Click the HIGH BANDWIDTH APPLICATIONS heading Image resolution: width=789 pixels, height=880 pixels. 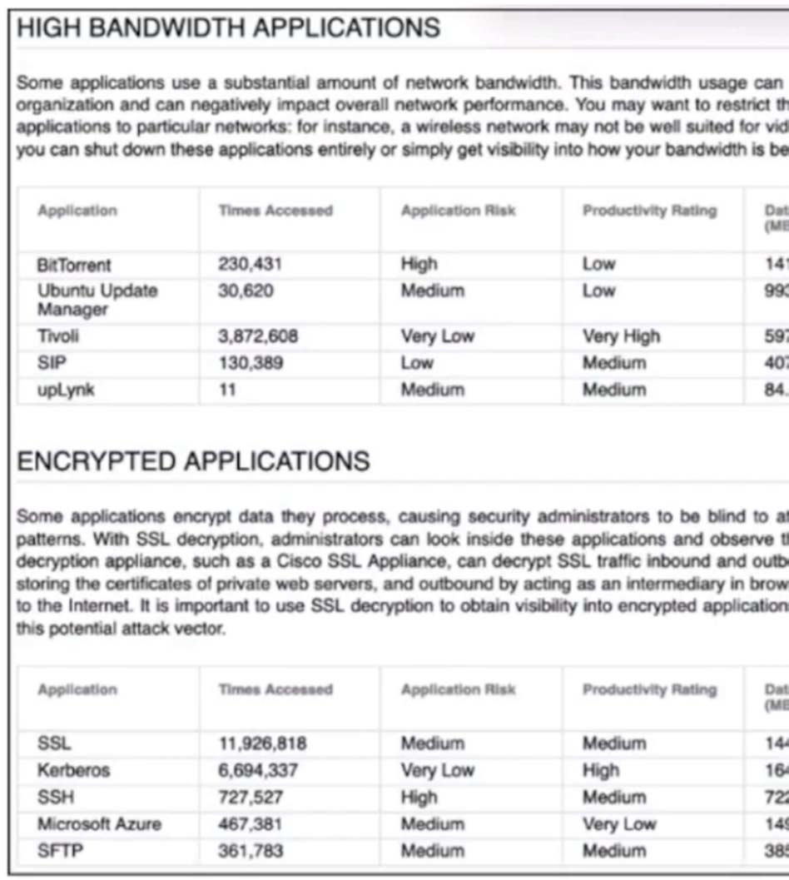(228, 27)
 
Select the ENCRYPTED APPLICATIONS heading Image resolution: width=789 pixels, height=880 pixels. (193, 462)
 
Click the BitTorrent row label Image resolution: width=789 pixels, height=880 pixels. (74, 265)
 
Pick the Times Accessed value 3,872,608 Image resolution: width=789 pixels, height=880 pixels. (258, 336)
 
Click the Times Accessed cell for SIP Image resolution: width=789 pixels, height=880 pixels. (250, 363)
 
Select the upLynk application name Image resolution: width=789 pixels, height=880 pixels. (66, 390)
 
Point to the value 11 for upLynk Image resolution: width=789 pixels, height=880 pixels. (227, 390)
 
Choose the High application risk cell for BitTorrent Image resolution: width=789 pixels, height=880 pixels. (419, 265)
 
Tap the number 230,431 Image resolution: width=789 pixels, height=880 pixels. (250, 265)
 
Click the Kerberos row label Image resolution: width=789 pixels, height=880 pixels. (73, 770)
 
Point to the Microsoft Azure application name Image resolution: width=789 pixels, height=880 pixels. (99, 824)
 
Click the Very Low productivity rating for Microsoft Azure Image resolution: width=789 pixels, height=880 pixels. (618, 824)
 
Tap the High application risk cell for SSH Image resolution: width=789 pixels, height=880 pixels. (419, 797)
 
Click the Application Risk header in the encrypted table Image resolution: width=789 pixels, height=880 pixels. (458, 689)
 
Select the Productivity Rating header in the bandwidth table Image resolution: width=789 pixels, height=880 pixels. (649, 211)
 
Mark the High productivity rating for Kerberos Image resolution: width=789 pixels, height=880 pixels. (600, 770)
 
